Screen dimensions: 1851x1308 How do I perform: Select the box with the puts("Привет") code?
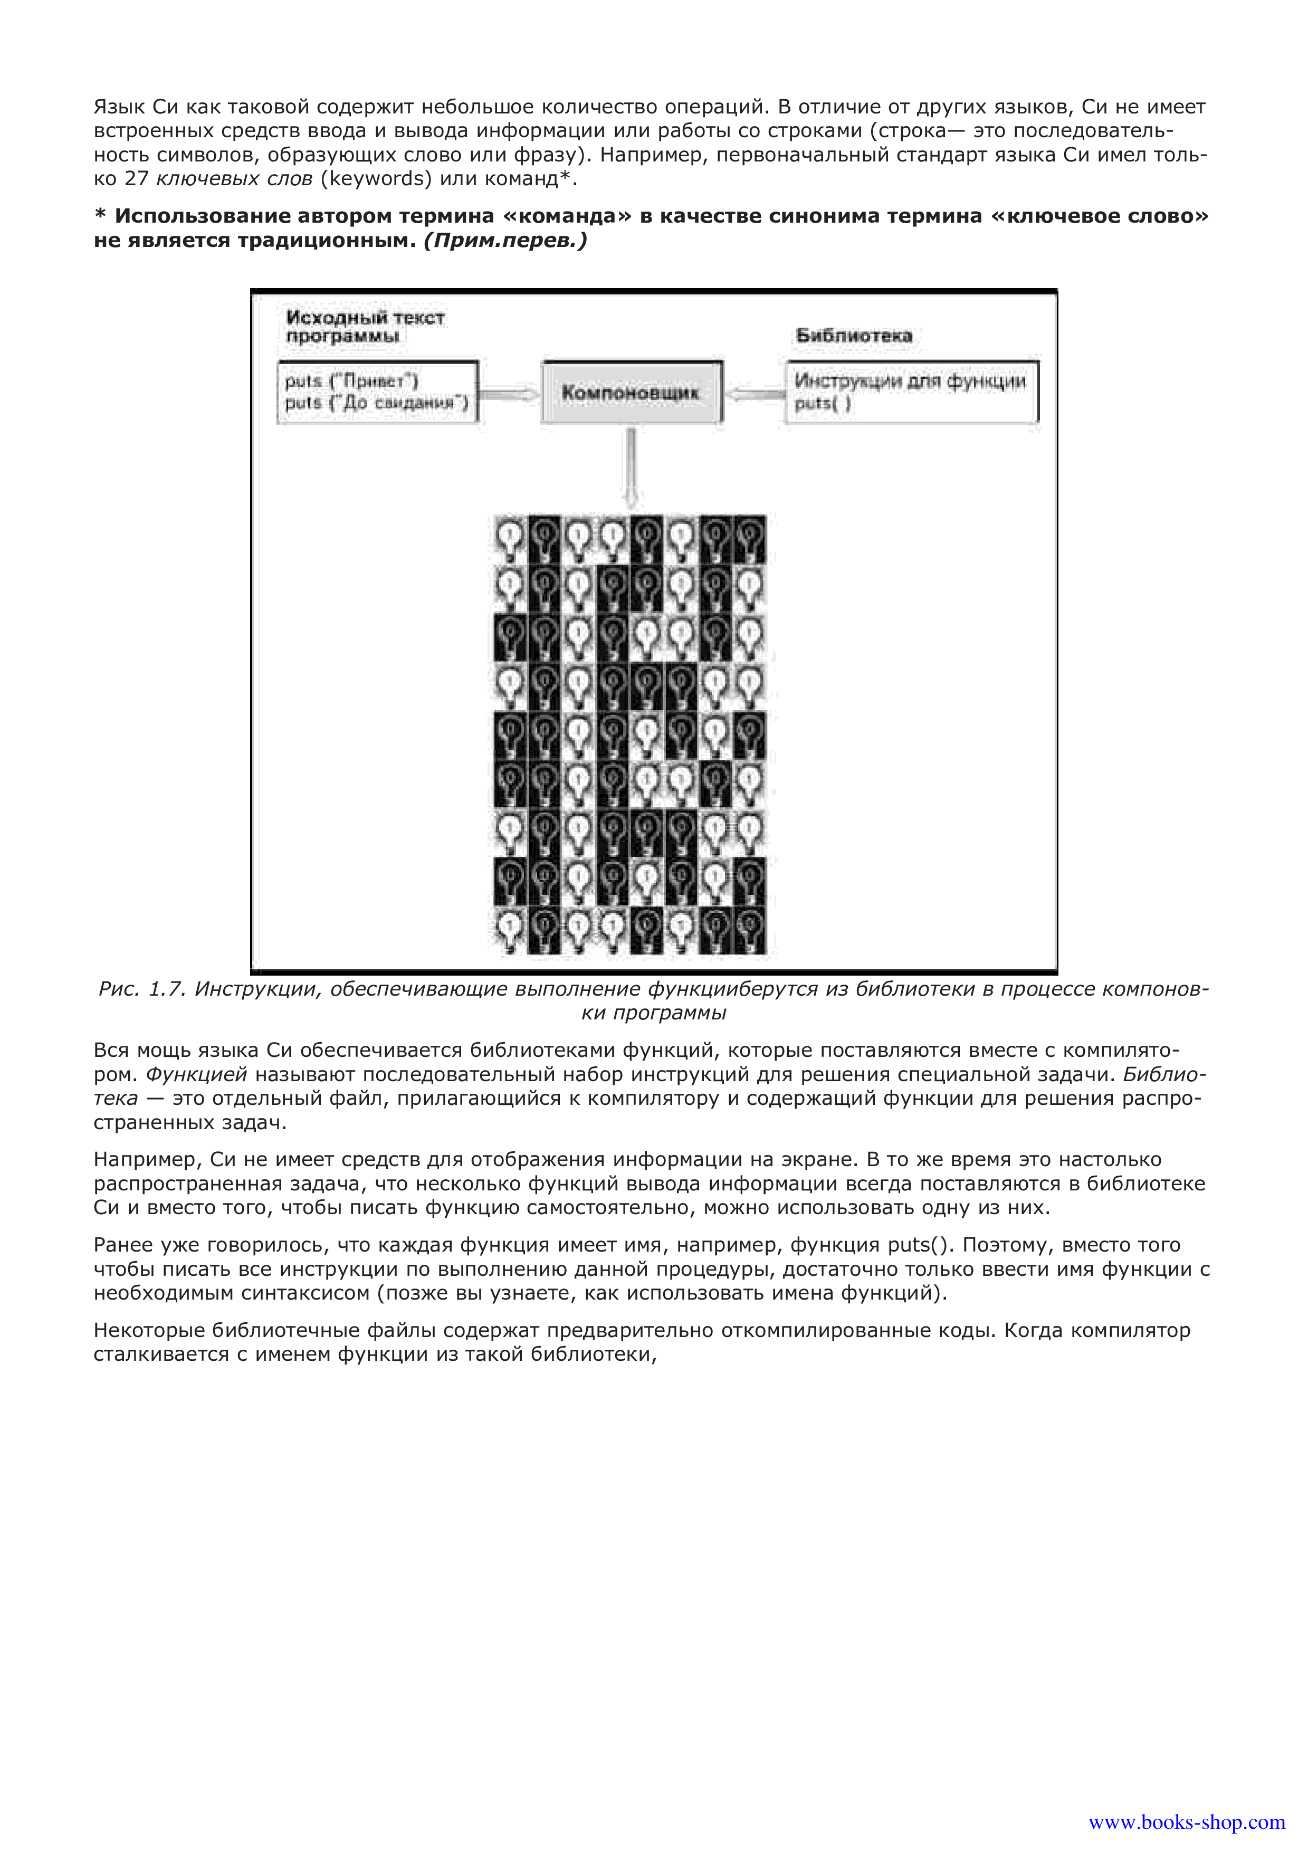pos(377,392)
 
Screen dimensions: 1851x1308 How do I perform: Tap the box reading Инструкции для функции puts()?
pos(912,392)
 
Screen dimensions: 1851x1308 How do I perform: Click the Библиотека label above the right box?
pos(854,336)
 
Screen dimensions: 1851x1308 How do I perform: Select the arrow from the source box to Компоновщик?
pos(509,394)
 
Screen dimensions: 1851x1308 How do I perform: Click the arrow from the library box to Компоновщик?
pos(755,394)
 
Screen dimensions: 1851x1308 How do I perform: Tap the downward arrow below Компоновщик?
pos(631,467)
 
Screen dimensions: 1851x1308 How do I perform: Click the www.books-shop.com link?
pos(1186,1823)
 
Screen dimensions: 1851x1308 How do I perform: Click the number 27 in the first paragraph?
pos(136,178)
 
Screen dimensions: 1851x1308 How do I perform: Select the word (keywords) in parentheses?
pos(376,178)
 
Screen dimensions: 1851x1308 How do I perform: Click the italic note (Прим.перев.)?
pos(505,240)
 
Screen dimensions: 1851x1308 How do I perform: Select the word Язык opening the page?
pos(119,107)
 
